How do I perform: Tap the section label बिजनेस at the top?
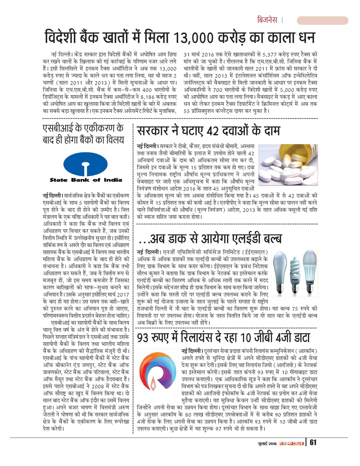(x=267, y=20)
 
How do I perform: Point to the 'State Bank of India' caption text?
(x=86, y=180)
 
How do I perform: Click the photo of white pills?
(x=288, y=165)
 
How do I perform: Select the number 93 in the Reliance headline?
(x=143, y=337)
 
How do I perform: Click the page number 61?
(x=313, y=443)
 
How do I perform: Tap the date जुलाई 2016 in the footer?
(x=266, y=443)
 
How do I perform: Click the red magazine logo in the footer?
(x=291, y=443)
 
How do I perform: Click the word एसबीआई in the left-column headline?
(x=58, y=128)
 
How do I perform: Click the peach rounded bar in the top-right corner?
(x=322, y=20)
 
